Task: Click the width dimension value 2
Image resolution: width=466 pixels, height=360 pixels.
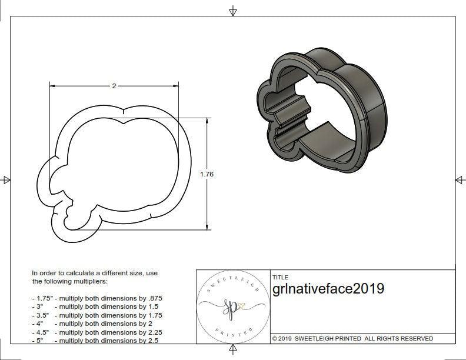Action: tap(114, 86)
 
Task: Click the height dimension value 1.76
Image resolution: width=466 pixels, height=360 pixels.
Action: tap(207, 174)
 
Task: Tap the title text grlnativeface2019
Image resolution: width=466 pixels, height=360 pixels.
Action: tap(328, 289)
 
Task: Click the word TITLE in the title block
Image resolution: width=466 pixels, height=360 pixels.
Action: tap(280, 277)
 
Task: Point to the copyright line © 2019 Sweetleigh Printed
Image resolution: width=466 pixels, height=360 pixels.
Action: tap(352, 338)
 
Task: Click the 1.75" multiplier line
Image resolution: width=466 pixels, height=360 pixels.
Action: tap(97, 298)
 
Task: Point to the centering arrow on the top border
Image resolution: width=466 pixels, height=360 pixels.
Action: tap(233, 11)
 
